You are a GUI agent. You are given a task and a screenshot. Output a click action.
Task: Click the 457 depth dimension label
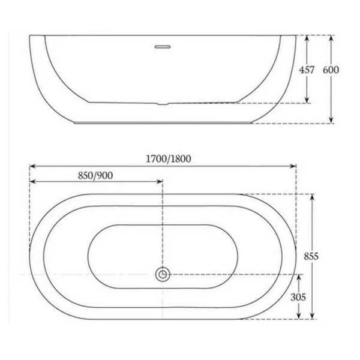click(x=307, y=70)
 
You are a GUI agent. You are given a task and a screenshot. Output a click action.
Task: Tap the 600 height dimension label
click(x=331, y=70)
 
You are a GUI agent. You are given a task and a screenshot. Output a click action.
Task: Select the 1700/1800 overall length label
click(x=169, y=158)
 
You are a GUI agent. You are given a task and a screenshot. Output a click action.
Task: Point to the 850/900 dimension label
click(x=95, y=176)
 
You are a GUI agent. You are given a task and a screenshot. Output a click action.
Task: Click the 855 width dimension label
click(x=311, y=256)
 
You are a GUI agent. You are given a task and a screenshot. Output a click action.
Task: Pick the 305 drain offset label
click(x=298, y=298)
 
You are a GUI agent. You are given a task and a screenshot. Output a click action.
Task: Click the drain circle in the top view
click(x=163, y=274)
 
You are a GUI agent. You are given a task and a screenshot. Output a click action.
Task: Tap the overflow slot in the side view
click(x=163, y=47)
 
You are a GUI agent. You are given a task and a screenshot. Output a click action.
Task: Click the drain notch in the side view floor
click(x=163, y=104)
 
